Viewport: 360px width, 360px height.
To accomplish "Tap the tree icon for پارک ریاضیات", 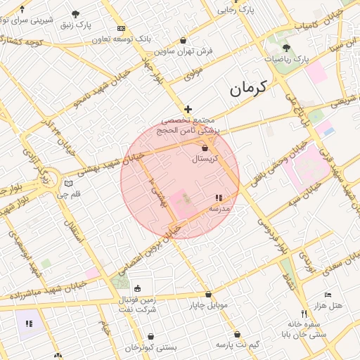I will click(x=286, y=48).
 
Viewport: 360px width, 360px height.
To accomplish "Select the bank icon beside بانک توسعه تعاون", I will click(x=122, y=29).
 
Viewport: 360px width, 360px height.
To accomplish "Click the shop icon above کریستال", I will click(x=205, y=149).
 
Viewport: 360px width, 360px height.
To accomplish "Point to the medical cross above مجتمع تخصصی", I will click(x=187, y=109).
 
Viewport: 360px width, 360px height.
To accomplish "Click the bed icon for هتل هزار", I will click(x=328, y=295).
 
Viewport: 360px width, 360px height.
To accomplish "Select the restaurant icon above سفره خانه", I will click(x=304, y=314).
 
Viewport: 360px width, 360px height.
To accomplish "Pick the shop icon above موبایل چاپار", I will click(x=208, y=295).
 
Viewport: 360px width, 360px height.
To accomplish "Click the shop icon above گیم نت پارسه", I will click(x=237, y=334).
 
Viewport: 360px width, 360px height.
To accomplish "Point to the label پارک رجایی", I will click(x=235, y=11).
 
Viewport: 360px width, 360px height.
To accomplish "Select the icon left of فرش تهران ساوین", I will click(x=184, y=40).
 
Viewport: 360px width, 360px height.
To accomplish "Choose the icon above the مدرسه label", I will click(x=219, y=198).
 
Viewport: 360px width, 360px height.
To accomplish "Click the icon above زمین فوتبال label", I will click(x=137, y=288).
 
